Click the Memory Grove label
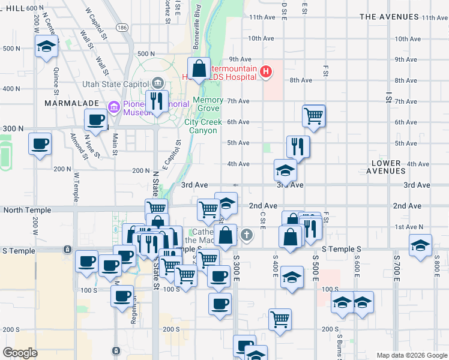coord(208,104)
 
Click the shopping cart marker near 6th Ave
coord(314,115)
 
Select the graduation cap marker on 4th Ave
coord(286,170)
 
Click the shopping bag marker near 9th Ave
coord(199,68)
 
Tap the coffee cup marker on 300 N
coord(96,119)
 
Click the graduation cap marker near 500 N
coord(46,47)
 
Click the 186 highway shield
coord(122,28)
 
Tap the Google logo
coord(20,353)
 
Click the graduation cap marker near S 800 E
coord(420,245)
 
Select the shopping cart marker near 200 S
coord(280,319)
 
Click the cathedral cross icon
coord(246,235)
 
